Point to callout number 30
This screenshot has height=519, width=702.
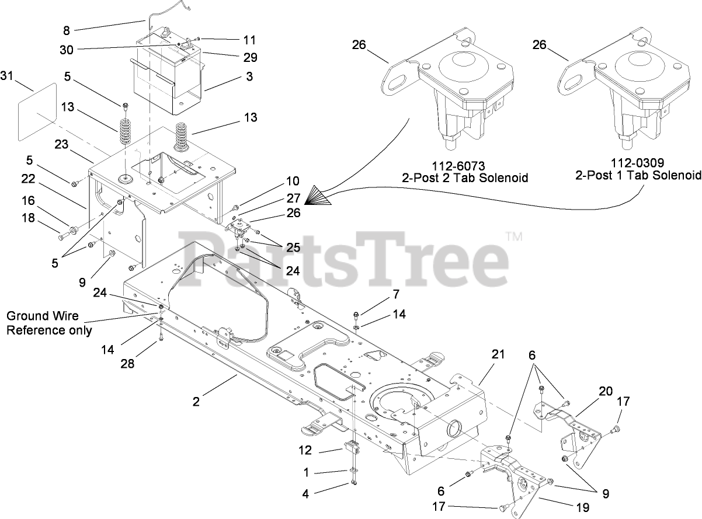point(67,50)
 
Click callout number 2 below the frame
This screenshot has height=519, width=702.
point(197,401)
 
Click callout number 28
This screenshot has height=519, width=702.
point(127,364)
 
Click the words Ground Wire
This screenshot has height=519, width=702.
point(36,316)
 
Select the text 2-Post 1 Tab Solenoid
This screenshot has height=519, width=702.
point(638,176)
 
